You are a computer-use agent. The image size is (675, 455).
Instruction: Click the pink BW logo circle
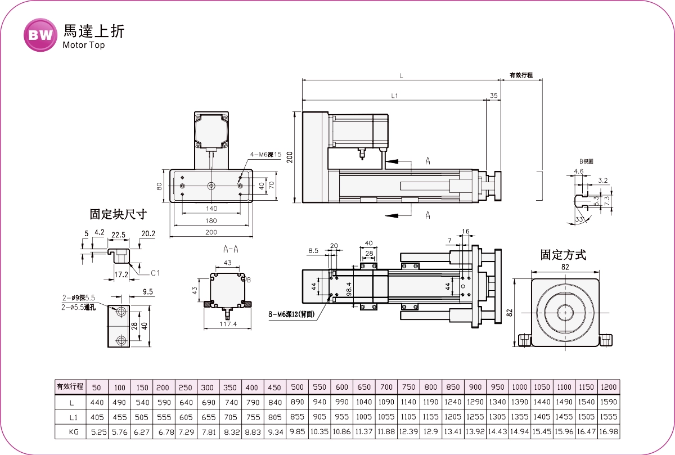pyautogui.click(x=40, y=35)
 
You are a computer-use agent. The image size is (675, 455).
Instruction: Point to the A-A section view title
pyautogui.click(x=230, y=248)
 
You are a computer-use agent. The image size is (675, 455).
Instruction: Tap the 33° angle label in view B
pyautogui.click(x=579, y=219)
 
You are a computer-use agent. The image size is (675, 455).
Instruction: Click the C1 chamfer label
pyautogui.click(x=155, y=273)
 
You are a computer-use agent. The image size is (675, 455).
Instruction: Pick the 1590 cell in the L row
pyautogui.click(x=609, y=403)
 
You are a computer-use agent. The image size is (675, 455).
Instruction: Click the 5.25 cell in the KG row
pyautogui.click(x=97, y=432)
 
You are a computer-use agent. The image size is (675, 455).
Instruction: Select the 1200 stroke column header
pyautogui.click(x=609, y=387)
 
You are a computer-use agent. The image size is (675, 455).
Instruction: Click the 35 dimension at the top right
pyautogui.click(x=493, y=96)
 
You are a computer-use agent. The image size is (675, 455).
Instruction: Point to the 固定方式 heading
pyautogui.click(x=563, y=255)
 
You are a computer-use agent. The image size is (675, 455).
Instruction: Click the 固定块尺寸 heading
pyautogui.click(x=118, y=214)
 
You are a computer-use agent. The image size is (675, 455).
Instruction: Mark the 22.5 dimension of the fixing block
pyautogui.click(x=119, y=234)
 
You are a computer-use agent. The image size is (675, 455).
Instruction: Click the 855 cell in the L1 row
pyautogui.click(x=298, y=417)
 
